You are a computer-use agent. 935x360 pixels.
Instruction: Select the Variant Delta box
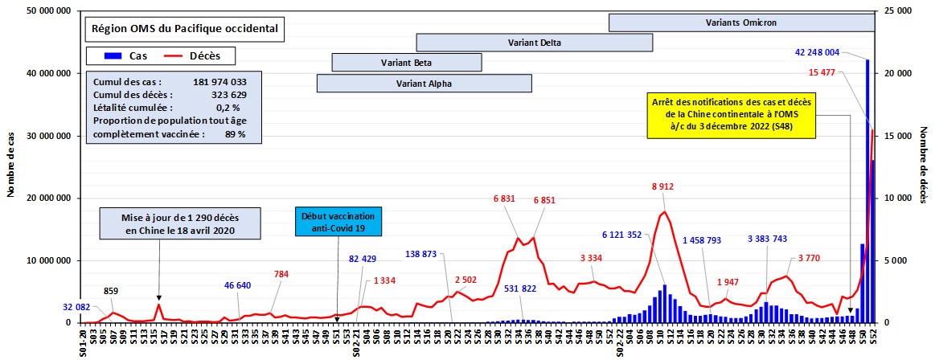(534, 43)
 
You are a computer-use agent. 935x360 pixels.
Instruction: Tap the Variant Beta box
(407, 63)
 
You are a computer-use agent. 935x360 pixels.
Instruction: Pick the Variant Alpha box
(424, 83)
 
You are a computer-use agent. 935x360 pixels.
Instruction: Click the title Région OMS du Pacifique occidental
(185, 29)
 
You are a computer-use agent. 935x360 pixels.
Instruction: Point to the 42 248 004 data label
(828, 53)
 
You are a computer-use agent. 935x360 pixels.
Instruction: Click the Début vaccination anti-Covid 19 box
(338, 223)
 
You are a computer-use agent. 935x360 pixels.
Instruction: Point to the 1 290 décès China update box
(180, 224)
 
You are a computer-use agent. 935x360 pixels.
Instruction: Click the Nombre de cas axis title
(9, 167)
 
